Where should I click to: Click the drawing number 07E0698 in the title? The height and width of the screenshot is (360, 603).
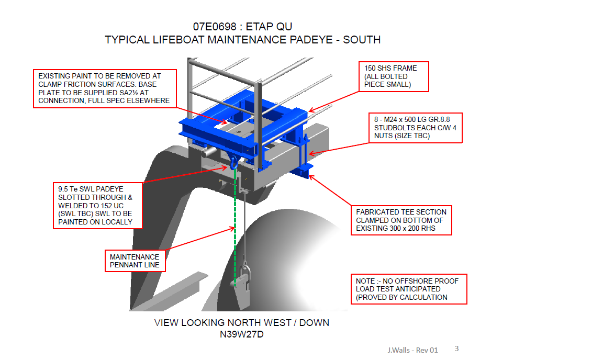pyautogui.click(x=214, y=27)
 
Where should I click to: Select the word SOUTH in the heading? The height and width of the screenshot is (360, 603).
pyautogui.click(x=362, y=40)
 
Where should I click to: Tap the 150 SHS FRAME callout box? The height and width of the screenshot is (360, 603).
pyautogui.click(x=394, y=76)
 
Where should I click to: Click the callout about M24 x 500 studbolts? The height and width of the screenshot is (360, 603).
pyautogui.click(x=415, y=128)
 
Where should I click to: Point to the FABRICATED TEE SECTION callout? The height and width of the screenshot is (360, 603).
pyautogui.click(x=401, y=220)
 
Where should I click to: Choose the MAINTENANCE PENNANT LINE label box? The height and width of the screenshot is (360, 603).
pyautogui.click(x=135, y=261)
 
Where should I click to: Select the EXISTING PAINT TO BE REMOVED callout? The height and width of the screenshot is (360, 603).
pyautogui.click(x=105, y=88)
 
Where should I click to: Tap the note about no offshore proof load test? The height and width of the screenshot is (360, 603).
pyautogui.click(x=408, y=289)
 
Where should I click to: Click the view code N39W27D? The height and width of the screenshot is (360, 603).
pyautogui.click(x=241, y=334)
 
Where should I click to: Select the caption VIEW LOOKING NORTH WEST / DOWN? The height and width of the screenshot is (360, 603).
pyautogui.click(x=241, y=322)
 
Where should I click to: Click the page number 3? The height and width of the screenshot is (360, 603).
pyautogui.click(x=456, y=348)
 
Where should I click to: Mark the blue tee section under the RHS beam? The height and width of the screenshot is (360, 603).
pyautogui.click(x=304, y=170)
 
